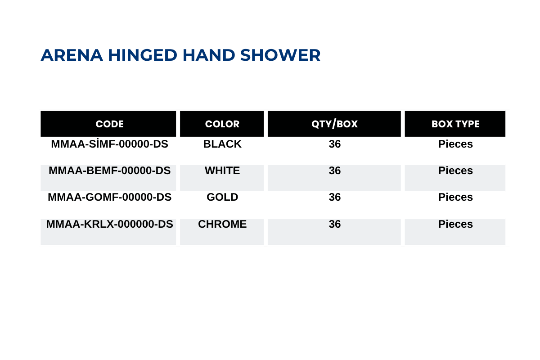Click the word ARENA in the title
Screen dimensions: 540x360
72,55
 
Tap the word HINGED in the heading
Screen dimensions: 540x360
143,55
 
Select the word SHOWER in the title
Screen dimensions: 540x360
280,55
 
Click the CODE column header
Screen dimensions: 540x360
109,124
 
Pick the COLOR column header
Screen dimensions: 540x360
222,124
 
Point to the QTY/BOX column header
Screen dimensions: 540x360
334,124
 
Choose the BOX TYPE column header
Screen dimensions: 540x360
455,124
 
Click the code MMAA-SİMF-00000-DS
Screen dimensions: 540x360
109,144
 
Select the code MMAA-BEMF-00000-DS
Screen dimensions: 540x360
109,171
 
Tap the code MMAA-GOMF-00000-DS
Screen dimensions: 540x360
109,197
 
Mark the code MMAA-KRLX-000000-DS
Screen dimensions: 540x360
109,224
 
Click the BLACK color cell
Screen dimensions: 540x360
222,144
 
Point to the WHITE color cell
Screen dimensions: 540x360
222,171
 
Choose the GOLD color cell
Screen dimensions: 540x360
222,197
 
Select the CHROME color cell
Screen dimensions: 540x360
222,224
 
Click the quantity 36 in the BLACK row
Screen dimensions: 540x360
335,144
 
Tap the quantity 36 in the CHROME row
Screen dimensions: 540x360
335,224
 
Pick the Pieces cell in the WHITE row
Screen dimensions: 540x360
455,171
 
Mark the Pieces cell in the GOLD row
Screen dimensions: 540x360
455,197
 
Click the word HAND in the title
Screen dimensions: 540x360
209,55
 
